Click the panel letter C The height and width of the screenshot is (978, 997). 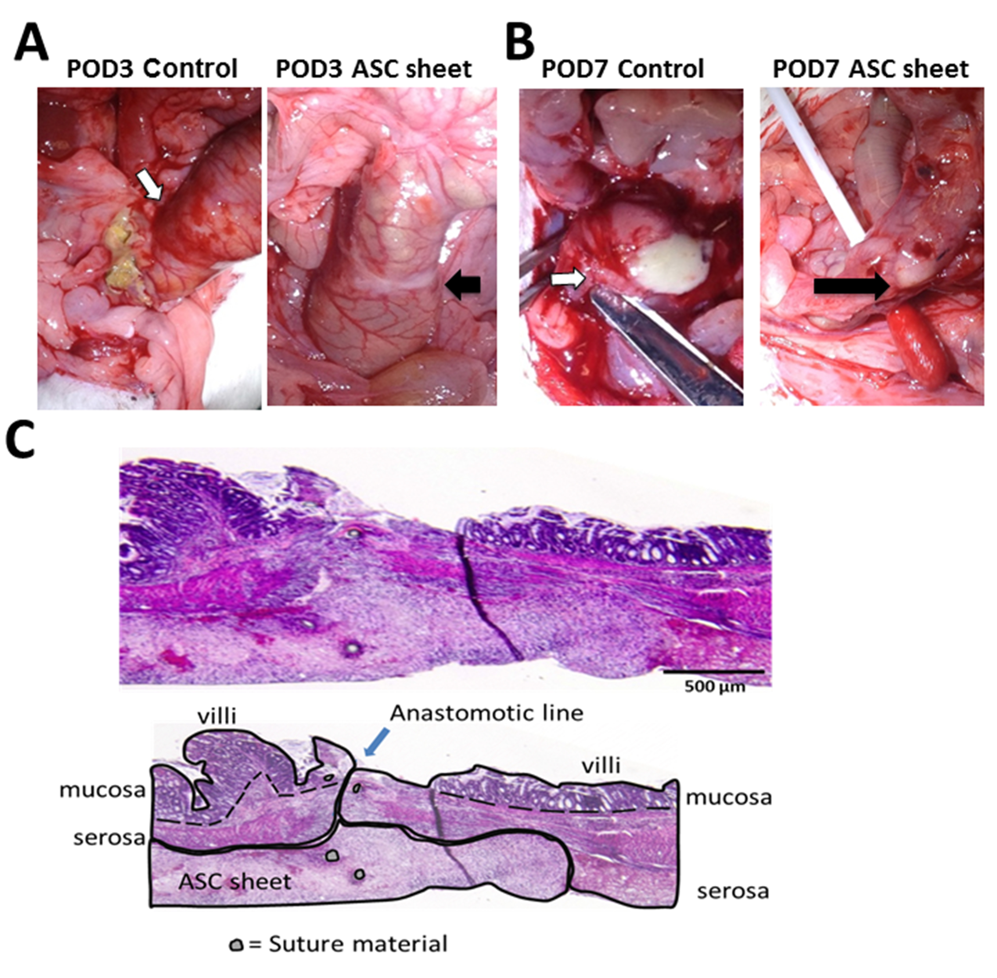point(20,443)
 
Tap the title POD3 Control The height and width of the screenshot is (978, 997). point(152,69)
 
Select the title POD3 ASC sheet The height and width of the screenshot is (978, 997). point(373,69)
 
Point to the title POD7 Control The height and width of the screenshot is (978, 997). point(622,69)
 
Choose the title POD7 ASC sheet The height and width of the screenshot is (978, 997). point(870,69)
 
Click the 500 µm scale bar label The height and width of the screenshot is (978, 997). point(714,686)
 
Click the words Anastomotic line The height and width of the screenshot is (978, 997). point(486,713)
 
